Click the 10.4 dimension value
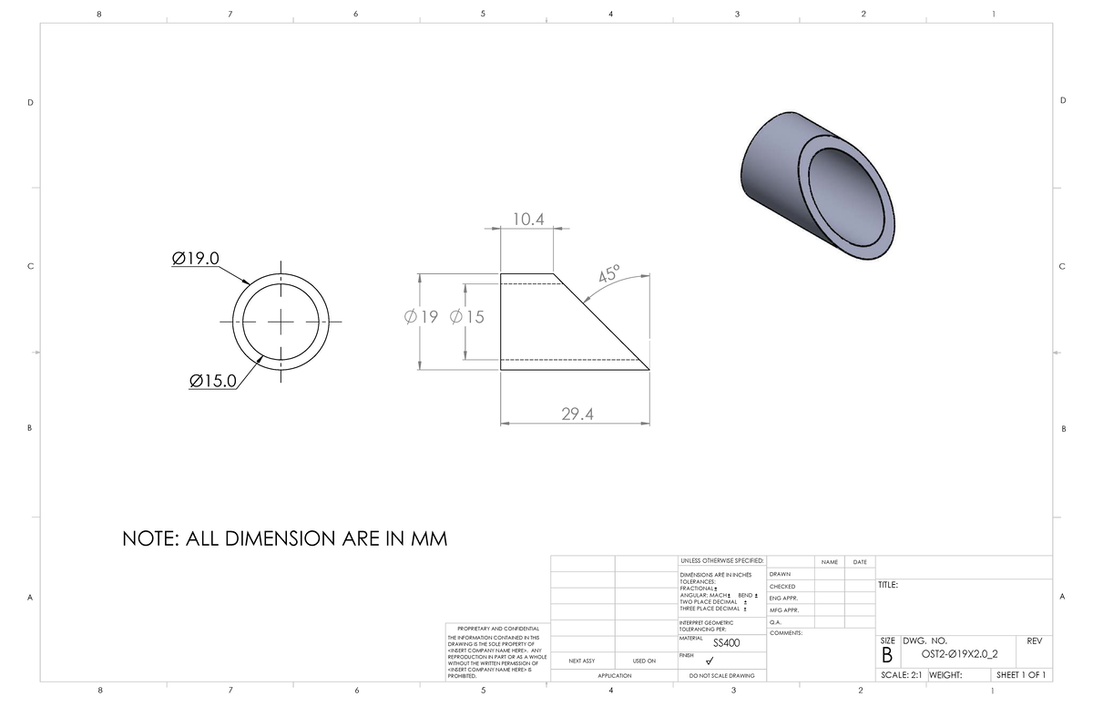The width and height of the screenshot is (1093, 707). tap(528, 220)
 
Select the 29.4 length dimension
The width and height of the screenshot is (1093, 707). tap(577, 415)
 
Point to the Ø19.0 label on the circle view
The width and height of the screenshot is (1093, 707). tap(196, 259)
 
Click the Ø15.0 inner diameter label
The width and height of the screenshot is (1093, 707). tap(212, 380)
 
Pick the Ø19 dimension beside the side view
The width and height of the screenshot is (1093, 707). tap(421, 317)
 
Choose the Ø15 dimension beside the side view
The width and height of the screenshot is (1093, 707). tap(467, 317)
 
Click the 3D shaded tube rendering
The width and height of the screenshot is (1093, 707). tap(818, 180)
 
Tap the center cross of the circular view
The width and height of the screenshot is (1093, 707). tap(281, 322)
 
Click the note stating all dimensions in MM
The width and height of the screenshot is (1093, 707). tap(285, 538)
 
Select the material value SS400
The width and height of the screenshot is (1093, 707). tap(726, 643)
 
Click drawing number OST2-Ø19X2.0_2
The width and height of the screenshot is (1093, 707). tap(958, 653)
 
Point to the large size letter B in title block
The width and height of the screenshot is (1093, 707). tap(886, 654)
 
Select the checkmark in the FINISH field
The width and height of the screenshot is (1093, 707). tap(722, 661)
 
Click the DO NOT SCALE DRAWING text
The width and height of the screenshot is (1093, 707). tap(721, 675)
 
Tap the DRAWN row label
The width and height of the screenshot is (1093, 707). tap(781, 574)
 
